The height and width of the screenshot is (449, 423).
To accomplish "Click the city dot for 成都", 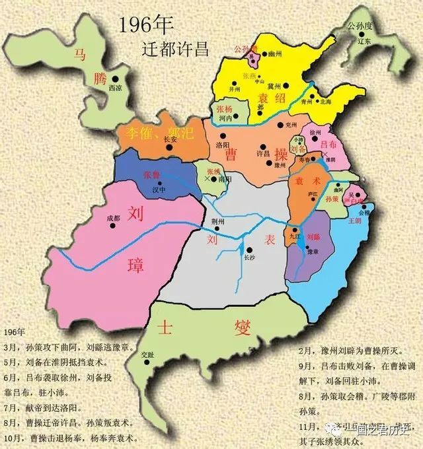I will pos(113,225).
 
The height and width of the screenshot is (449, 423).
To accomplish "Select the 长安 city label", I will pos(171,140).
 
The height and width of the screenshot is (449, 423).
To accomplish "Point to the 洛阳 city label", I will pos(223,143).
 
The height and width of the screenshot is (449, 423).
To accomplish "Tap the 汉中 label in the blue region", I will pos(157,190).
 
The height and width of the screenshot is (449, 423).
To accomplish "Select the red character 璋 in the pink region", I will pos(127,265).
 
